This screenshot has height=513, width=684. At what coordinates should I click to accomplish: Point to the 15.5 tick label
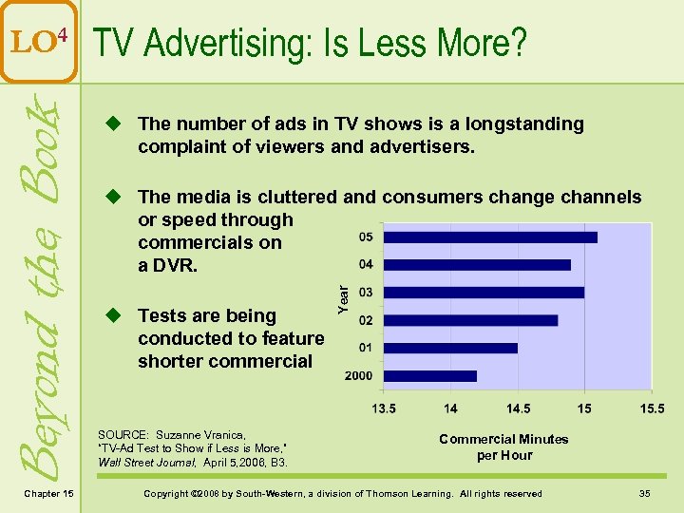651,408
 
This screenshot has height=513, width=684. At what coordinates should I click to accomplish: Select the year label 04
366,264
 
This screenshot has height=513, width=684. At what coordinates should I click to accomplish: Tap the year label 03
366,292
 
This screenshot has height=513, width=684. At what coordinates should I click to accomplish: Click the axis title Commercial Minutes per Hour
503,446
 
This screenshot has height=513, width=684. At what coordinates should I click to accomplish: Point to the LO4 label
39,40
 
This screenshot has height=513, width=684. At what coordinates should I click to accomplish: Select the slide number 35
644,493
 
